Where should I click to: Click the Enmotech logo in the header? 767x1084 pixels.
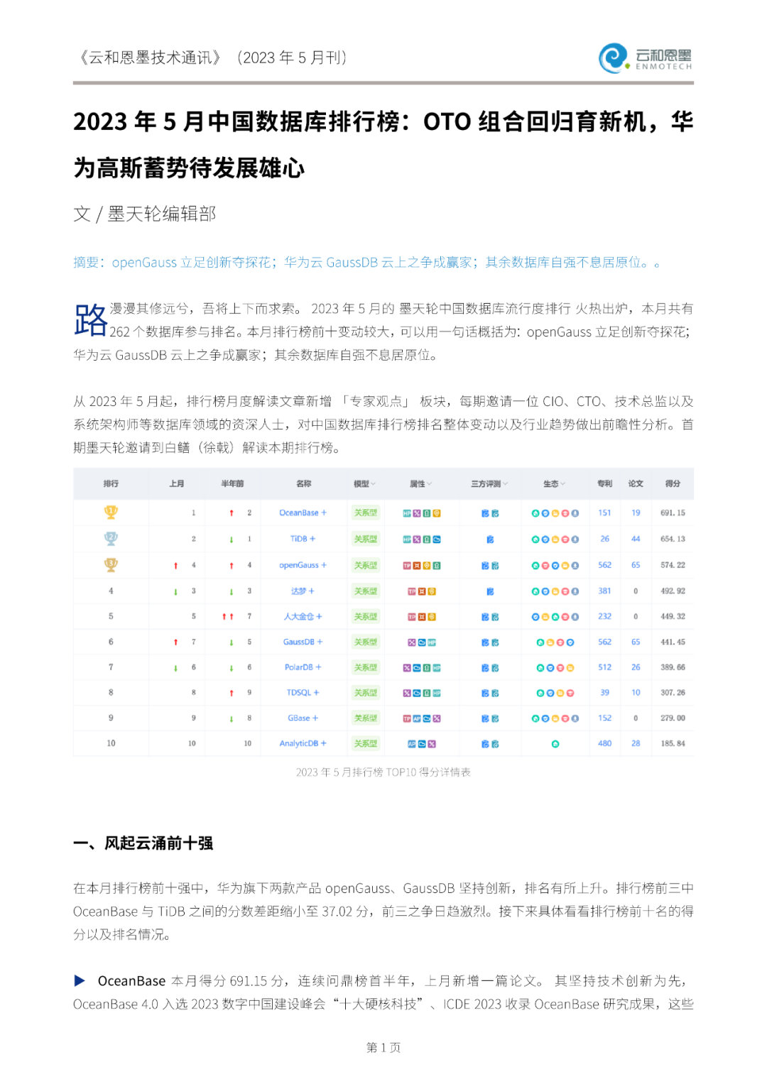645,58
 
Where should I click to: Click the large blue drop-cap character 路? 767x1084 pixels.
90,319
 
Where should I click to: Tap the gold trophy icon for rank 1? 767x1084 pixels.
111,512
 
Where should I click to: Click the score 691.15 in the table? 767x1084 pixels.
673,513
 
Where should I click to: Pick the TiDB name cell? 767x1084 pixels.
299,539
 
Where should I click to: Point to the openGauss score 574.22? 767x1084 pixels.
673,565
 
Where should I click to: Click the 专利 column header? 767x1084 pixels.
604,483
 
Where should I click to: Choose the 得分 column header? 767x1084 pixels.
673,483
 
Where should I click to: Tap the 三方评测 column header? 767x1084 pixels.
486,483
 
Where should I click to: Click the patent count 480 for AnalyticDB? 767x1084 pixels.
604,743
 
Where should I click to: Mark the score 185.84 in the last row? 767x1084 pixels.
673,743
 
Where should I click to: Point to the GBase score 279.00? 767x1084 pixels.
673,718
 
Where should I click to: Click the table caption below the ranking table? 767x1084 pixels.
383,772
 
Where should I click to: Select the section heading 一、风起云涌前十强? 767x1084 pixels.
143,843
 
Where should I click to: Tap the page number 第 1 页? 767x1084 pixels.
383,1047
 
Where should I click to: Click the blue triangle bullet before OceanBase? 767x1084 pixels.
80,980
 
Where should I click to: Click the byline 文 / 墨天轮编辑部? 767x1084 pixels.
144,214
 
